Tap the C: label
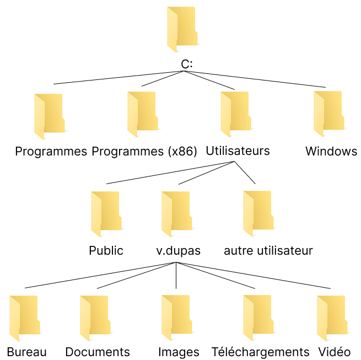[x=187, y=65]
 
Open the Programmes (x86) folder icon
[x=142, y=114]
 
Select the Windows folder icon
[x=329, y=114]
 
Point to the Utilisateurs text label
[x=238, y=151]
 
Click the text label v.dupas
[x=178, y=251]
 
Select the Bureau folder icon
[x=24, y=318]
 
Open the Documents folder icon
[x=94, y=318]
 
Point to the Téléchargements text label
[x=261, y=352]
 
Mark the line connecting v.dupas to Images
[x=176, y=276]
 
